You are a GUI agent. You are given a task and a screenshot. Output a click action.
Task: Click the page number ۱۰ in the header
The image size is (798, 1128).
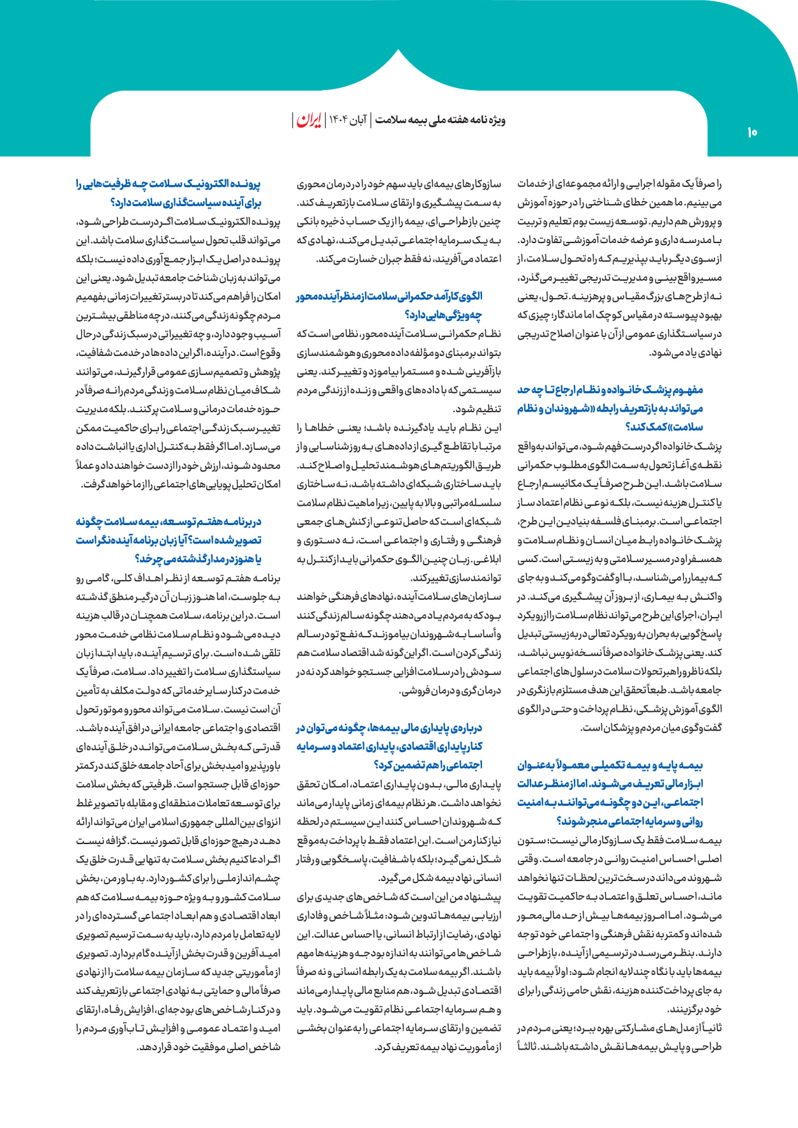click(x=751, y=132)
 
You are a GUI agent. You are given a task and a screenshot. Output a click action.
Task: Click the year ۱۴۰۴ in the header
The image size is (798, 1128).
click(x=337, y=120)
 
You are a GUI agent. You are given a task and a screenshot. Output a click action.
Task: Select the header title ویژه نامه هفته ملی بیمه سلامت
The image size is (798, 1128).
click(x=440, y=120)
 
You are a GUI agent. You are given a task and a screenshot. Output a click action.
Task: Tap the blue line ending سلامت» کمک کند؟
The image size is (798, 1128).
click(x=673, y=427)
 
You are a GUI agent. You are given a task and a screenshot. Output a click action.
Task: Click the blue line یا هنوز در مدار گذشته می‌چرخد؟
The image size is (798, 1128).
click(x=199, y=560)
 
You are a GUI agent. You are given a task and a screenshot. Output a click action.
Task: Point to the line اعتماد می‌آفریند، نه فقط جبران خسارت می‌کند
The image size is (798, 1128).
click(x=409, y=259)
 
